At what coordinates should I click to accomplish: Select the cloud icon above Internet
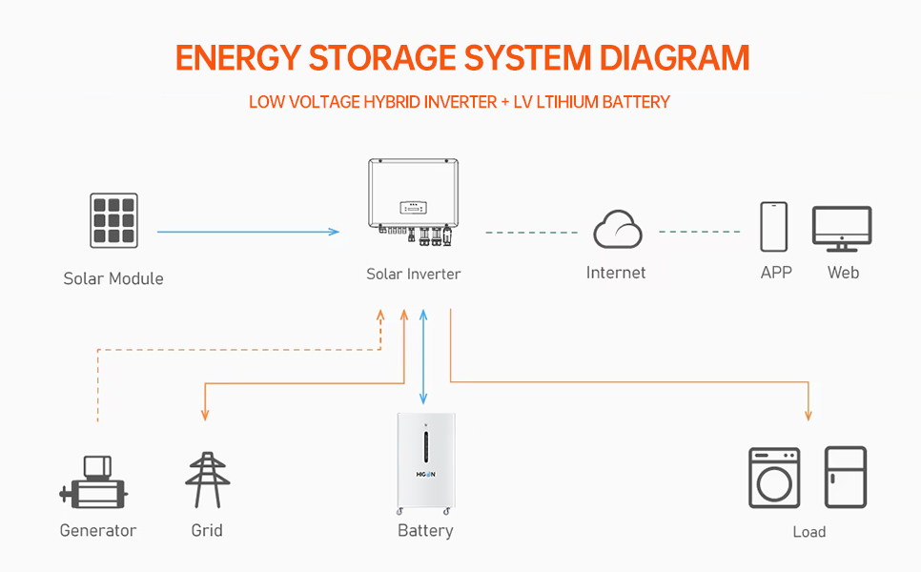click(x=617, y=230)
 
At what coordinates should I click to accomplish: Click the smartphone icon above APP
click(x=773, y=227)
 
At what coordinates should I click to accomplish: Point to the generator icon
click(x=94, y=483)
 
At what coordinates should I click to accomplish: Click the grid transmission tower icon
click(x=207, y=480)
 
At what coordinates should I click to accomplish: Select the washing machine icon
click(x=774, y=478)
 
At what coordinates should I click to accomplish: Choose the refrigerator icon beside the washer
click(x=846, y=477)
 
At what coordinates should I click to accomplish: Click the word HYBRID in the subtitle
click(x=395, y=102)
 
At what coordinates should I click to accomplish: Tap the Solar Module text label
click(x=113, y=278)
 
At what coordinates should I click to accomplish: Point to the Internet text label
click(x=616, y=273)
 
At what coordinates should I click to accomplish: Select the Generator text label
click(x=98, y=530)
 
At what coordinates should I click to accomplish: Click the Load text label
click(x=808, y=532)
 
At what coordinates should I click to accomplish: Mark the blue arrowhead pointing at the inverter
click(x=334, y=232)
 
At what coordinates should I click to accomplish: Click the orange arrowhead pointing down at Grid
click(x=204, y=416)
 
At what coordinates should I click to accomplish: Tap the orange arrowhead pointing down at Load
click(x=808, y=415)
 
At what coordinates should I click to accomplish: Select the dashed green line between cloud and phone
click(x=699, y=232)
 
